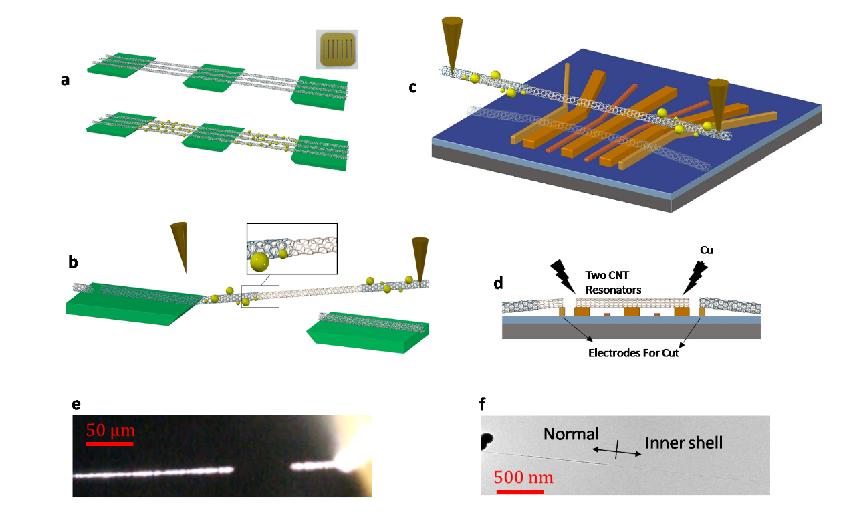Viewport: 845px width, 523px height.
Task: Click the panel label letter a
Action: click(65, 80)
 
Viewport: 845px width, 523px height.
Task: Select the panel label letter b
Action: click(73, 261)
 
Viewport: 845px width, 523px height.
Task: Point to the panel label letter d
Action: click(497, 284)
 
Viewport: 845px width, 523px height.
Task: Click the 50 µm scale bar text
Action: click(109, 430)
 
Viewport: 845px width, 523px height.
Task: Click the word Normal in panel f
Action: click(570, 434)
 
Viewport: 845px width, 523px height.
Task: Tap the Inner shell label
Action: click(684, 442)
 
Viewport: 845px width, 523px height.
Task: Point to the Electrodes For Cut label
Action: click(631, 353)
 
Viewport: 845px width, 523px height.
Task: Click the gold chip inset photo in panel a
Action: click(337, 49)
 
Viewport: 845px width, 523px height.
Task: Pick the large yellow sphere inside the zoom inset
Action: click(259, 263)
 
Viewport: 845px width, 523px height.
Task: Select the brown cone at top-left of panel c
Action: click(451, 43)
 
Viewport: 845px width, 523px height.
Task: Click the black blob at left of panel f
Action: click(487, 441)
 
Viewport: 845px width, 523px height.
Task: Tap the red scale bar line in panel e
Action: click(110, 443)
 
